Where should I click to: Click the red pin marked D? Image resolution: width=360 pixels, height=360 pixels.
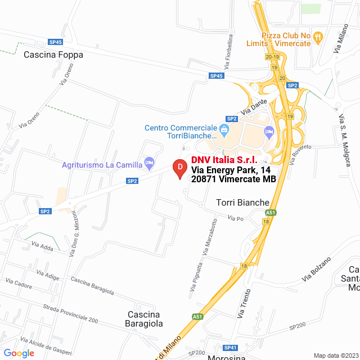click(x=179, y=168)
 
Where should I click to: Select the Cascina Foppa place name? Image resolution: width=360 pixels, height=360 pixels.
click(x=53, y=55)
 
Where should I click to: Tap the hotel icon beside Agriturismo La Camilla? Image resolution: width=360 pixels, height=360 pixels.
click(x=149, y=164)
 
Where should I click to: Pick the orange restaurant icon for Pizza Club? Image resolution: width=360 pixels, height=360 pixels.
click(x=318, y=38)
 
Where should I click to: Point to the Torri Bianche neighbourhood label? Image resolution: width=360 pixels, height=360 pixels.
click(x=243, y=202)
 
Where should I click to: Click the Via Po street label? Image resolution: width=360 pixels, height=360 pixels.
click(x=235, y=219)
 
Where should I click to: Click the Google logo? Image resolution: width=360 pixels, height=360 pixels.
click(x=19, y=353)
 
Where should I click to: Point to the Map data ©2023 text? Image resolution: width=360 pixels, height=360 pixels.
click(x=335, y=355)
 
